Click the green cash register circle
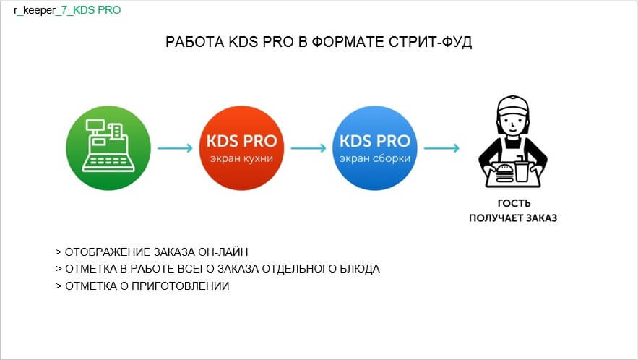point(108,147)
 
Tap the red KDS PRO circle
point(241,147)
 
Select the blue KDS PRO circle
point(375,147)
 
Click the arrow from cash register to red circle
point(175,147)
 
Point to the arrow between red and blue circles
point(309,147)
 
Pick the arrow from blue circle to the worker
point(441,147)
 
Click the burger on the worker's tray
point(504,173)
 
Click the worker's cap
point(513,106)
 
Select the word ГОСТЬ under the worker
point(514,203)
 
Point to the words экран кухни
point(241,158)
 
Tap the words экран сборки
point(375,158)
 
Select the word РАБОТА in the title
point(195,42)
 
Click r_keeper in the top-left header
point(35,10)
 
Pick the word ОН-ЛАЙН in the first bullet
point(223,252)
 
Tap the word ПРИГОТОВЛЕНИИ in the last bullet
point(180,286)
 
